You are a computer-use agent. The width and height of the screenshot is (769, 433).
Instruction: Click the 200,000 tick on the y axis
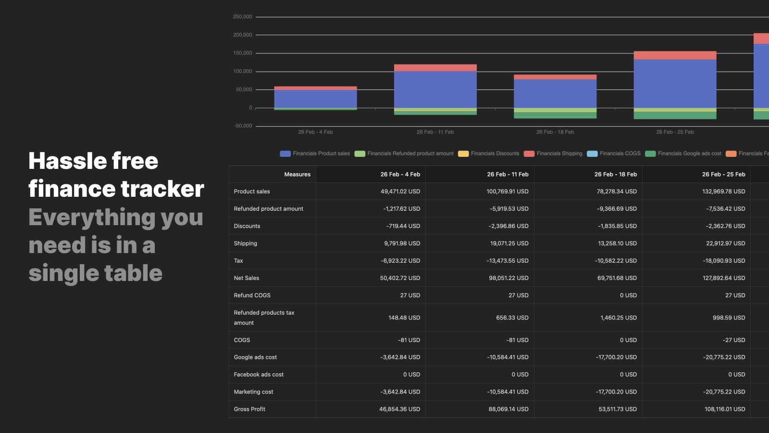[x=242, y=35]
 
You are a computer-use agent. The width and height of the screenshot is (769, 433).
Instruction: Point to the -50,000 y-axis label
[x=243, y=126]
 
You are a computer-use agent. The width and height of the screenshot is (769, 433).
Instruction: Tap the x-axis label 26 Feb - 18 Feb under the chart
[x=555, y=132]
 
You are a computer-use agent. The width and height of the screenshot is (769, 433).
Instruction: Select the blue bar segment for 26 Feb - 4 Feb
[x=315, y=99]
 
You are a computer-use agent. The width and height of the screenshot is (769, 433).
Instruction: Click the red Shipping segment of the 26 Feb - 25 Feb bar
[x=675, y=55]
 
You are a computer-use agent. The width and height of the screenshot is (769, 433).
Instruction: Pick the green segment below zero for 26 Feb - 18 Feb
[x=555, y=115]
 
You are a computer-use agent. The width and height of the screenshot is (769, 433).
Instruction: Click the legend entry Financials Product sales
[x=315, y=153]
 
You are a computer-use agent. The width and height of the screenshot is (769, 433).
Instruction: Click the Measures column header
[x=297, y=175]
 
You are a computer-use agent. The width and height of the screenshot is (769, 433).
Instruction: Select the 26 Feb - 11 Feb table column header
[x=508, y=175]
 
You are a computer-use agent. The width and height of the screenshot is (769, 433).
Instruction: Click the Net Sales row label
[x=247, y=278]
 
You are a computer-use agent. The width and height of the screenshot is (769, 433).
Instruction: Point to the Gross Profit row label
[x=249, y=409]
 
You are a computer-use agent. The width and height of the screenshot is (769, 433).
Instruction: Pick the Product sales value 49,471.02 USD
[x=400, y=191]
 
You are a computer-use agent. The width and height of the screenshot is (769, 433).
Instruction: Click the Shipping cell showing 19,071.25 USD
[x=509, y=243]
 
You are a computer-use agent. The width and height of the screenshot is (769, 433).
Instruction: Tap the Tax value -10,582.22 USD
[x=616, y=261]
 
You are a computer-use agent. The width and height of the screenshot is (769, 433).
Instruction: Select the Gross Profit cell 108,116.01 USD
[x=725, y=409]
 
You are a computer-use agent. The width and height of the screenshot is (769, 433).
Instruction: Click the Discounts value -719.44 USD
[x=403, y=226]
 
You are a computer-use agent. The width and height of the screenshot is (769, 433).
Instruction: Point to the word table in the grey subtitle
[x=133, y=273]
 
